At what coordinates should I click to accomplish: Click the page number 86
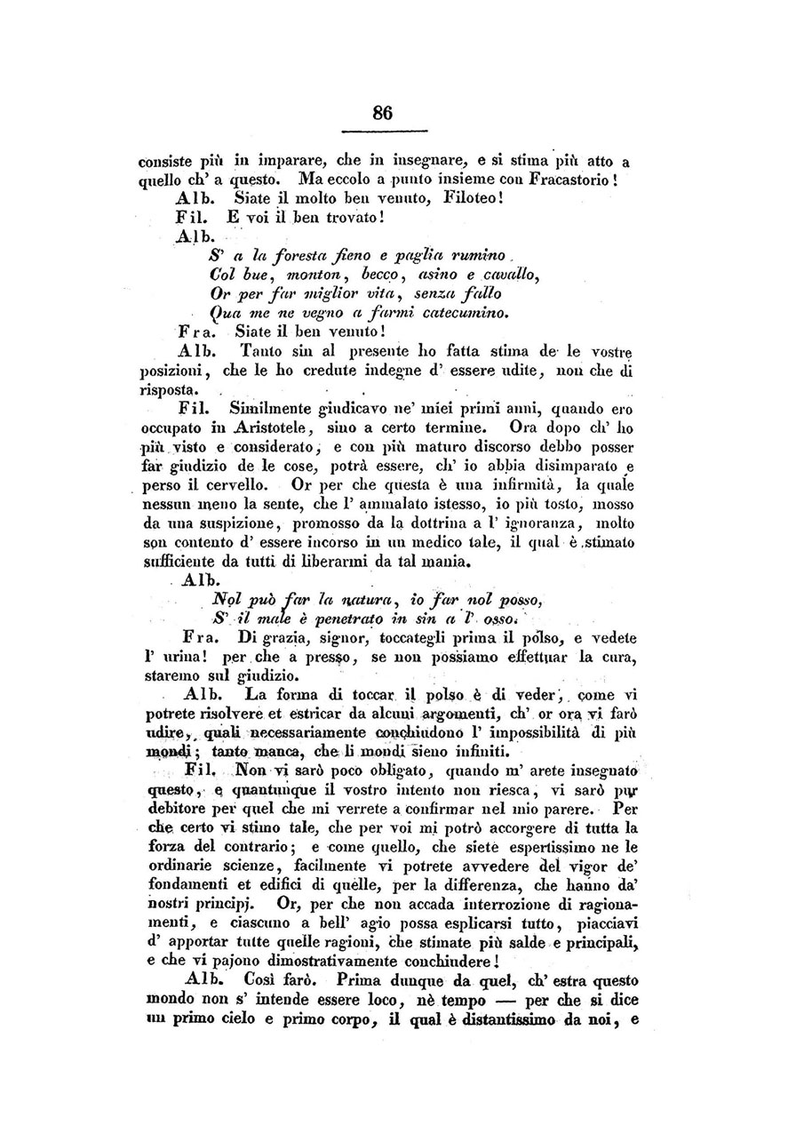pos(383,113)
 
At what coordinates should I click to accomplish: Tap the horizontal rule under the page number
pos(383,132)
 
